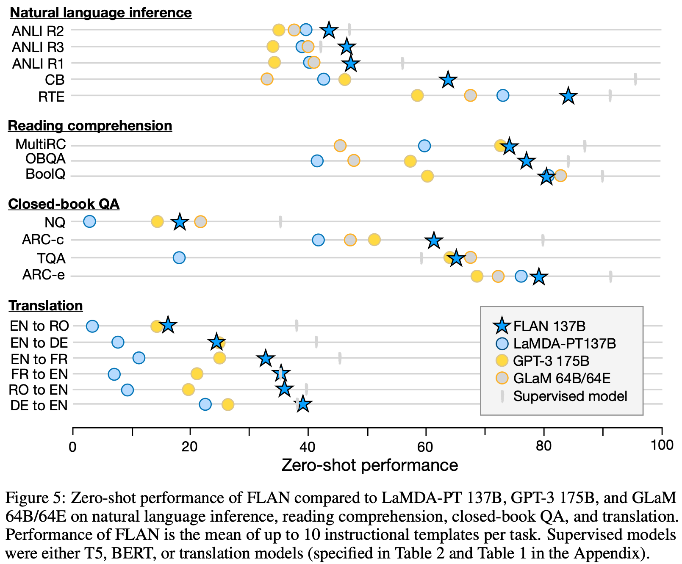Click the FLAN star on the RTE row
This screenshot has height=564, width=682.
[568, 96]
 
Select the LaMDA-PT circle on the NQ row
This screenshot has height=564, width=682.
[89, 221]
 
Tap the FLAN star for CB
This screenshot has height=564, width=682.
[448, 80]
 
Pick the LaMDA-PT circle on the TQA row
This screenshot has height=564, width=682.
[179, 257]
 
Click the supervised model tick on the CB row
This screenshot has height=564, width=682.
[635, 79]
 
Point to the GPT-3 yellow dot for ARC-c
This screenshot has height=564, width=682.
[374, 240]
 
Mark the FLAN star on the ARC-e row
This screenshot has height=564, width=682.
[538, 277]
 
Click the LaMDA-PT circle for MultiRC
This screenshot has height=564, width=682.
[424, 146]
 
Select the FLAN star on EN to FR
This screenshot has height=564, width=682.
[266, 359]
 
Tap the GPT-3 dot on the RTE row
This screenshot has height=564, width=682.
[417, 96]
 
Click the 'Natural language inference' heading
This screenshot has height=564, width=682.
[101, 13]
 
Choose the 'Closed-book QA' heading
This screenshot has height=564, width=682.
[64, 204]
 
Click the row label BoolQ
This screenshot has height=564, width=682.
[45, 174]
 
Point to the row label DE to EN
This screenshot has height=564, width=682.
[39, 405]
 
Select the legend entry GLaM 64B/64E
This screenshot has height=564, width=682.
[562, 378]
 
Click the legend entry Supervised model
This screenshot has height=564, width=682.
[570, 396]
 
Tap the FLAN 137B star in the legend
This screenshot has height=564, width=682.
[502, 326]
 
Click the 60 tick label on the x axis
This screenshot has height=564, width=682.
[425, 445]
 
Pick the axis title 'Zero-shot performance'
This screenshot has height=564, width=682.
[369, 465]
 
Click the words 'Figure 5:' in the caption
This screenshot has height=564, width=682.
[36, 498]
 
